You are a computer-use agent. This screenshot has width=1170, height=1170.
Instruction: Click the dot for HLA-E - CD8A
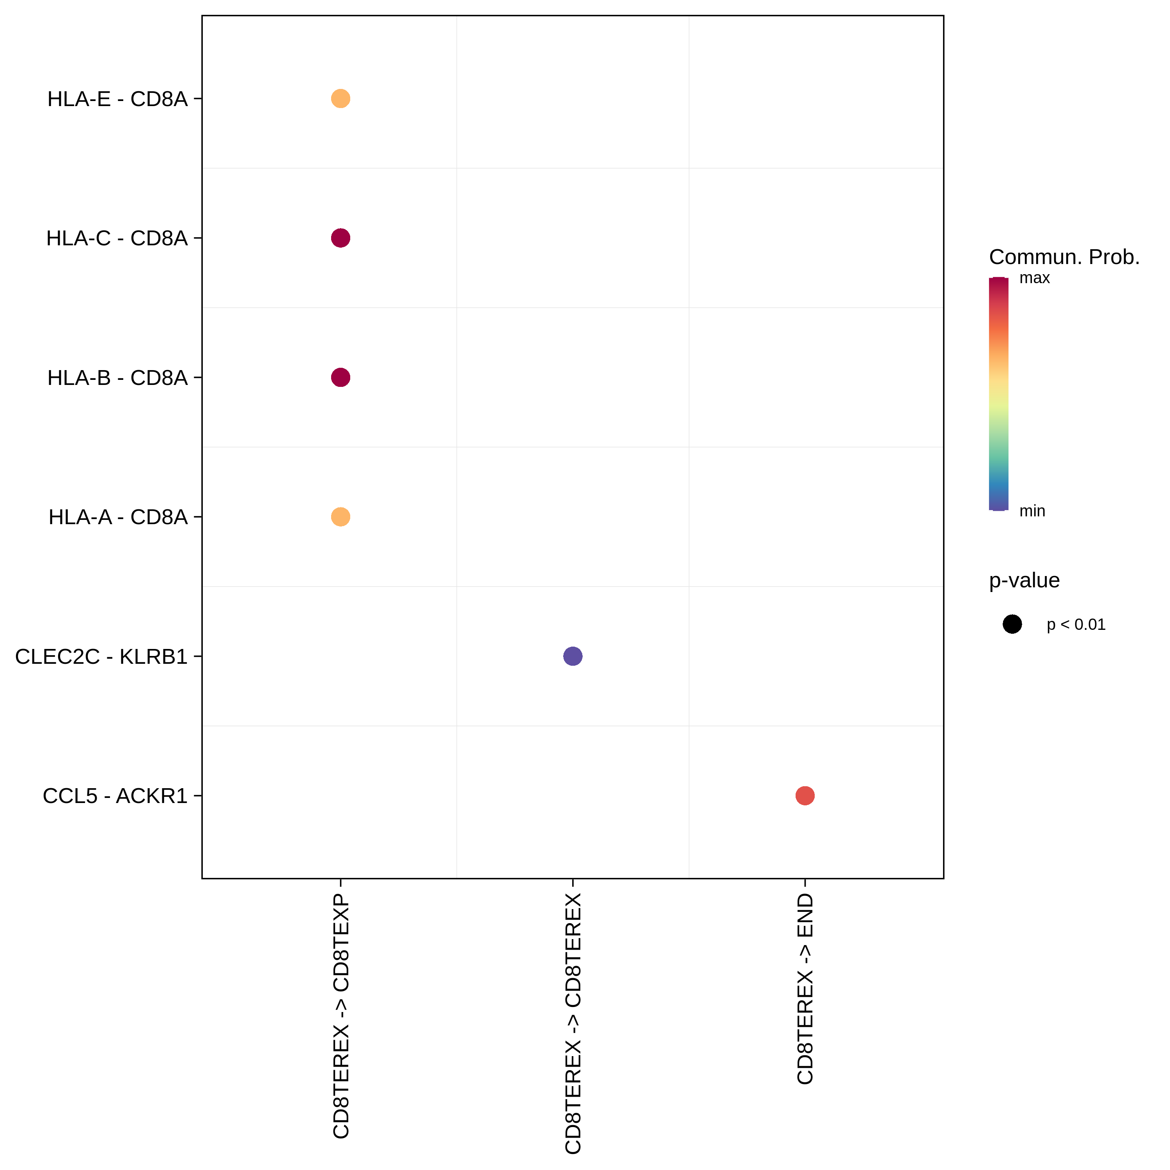340,98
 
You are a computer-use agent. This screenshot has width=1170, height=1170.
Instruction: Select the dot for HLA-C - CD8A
340,238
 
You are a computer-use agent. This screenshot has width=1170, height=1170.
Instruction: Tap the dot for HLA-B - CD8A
340,377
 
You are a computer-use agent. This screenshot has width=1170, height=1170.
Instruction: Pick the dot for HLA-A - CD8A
340,517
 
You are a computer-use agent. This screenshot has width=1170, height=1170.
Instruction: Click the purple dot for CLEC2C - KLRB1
572,656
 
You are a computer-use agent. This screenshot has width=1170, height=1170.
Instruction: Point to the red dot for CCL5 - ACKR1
804,795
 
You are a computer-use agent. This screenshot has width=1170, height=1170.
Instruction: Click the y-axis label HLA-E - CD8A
117,99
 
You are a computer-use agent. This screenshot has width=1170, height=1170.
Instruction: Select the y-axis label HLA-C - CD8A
117,238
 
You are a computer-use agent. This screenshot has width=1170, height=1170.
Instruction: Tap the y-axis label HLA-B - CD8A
117,377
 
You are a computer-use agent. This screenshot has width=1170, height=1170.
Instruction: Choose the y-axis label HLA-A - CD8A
118,517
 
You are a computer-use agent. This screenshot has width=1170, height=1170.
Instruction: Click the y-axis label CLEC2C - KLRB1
101,656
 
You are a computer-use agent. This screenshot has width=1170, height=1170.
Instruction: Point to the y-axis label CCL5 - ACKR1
115,796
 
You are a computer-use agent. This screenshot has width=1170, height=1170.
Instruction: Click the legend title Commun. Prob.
1064,257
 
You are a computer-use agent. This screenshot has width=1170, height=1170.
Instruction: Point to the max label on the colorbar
1034,278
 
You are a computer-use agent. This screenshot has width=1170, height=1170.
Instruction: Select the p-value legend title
1024,580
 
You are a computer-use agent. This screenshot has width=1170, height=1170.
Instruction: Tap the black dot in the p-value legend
1012,624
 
